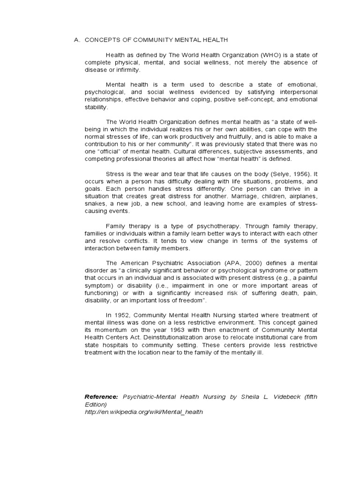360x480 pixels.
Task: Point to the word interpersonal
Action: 296,92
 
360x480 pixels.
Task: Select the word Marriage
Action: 242,196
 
